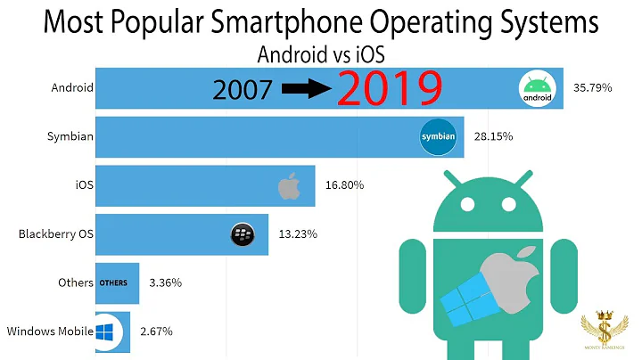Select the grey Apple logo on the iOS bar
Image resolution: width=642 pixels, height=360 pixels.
click(289, 186)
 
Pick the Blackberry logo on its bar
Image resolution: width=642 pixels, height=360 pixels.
click(243, 234)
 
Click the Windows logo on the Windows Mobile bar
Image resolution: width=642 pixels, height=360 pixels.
click(110, 331)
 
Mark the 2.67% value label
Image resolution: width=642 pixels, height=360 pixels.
click(156, 331)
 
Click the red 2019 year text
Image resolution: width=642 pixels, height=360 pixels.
click(388, 89)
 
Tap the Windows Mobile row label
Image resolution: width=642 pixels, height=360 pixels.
click(50, 331)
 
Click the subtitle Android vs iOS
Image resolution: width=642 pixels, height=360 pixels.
click(320, 53)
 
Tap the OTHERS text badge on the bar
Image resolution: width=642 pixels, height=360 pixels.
click(112, 283)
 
